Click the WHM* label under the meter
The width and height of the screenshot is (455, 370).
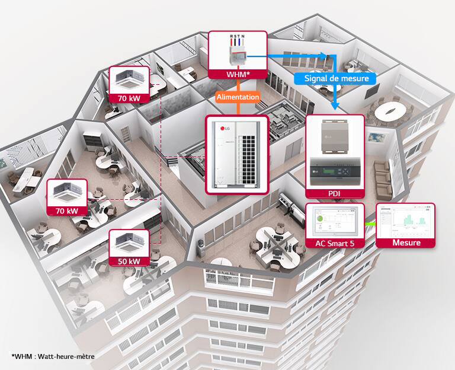pos(238,74)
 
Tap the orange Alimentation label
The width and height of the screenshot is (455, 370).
pos(238,97)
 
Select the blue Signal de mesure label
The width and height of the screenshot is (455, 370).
pos(336,78)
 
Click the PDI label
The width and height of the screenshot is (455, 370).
pos(335,193)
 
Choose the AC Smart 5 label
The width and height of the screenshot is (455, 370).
pos(337,243)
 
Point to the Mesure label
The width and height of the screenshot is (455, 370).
pos(406,243)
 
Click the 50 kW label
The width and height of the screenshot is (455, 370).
pos(129,261)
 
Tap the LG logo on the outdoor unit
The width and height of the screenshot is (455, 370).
pos(224,128)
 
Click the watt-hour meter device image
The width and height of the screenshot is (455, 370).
pos(238,53)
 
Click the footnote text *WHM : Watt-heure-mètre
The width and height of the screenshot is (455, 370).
pos(53,356)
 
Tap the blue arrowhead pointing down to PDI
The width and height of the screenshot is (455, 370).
pos(335,107)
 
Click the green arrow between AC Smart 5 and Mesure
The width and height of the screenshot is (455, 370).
pos(370,224)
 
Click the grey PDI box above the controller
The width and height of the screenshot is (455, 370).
pos(335,138)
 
